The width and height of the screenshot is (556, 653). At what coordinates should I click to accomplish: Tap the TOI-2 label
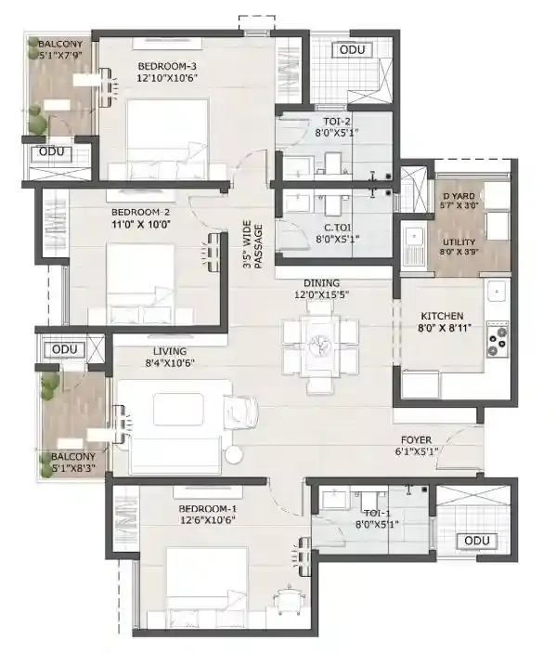tap(330, 125)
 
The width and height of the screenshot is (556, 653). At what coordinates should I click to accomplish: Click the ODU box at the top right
tap(352, 49)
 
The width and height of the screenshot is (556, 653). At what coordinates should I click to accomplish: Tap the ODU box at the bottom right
tap(476, 541)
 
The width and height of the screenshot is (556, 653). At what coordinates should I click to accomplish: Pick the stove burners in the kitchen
tap(497, 341)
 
